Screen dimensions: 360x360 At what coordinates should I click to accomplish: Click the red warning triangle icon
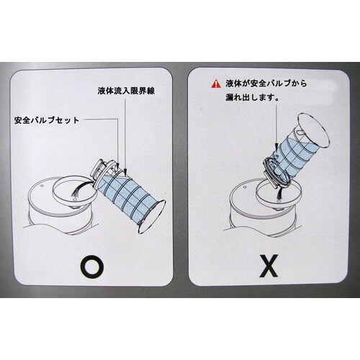pos(216,84)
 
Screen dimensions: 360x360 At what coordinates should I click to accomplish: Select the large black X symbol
pos(269,266)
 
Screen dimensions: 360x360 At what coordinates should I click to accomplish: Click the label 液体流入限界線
pos(126,91)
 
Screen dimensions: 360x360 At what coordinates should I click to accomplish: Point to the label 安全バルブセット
pos(47,120)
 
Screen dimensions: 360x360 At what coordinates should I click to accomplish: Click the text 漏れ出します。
pos(252,98)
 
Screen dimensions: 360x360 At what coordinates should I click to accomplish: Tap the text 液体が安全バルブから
pos(266,84)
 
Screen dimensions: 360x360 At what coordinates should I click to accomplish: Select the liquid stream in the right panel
pos(279,193)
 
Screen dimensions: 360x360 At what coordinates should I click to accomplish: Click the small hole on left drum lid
pos(42,186)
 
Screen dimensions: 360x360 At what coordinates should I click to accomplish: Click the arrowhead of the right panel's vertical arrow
pos(276,146)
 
